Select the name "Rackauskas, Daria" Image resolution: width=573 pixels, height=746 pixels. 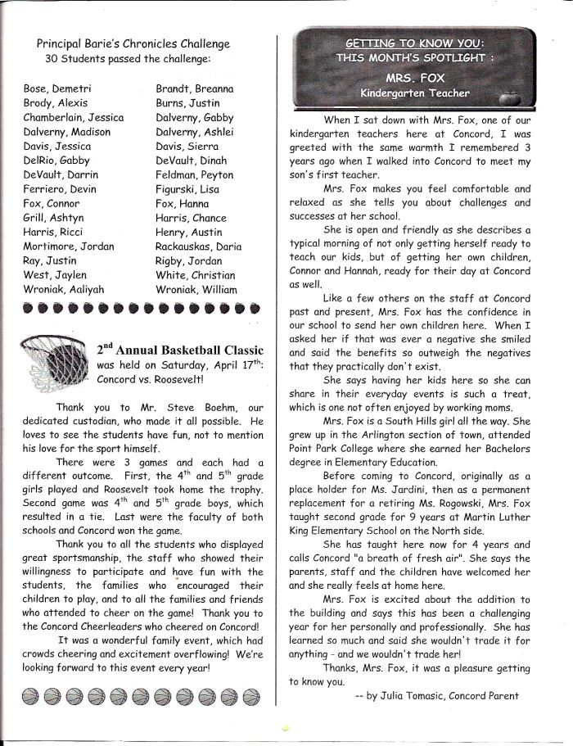(x=198, y=246)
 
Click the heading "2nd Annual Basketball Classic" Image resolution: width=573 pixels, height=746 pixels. (x=182, y=349)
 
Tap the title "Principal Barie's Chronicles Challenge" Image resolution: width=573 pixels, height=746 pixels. (x=133, y=43)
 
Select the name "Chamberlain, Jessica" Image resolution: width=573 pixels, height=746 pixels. (x=74, y=117)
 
